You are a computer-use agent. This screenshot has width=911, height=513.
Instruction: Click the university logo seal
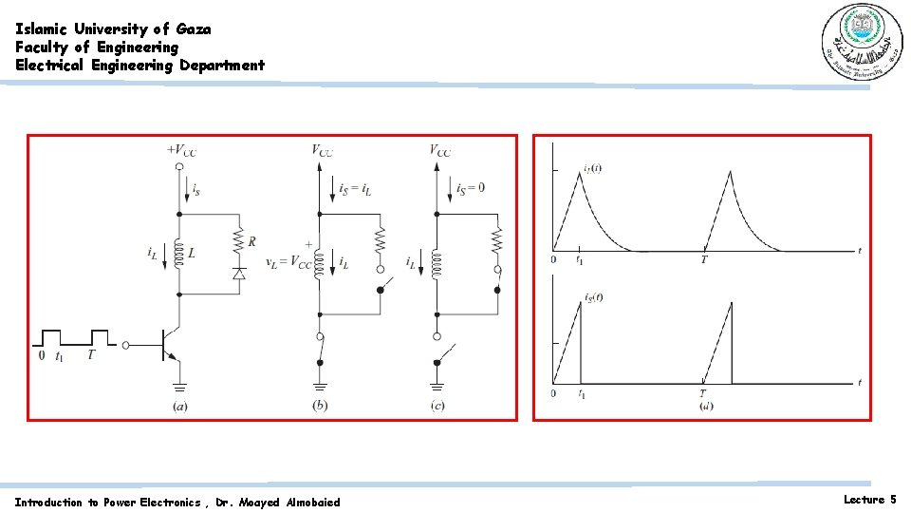856,42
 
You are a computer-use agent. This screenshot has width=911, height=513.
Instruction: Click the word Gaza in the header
194,28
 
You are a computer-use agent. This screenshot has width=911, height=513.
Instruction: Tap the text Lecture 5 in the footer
869,499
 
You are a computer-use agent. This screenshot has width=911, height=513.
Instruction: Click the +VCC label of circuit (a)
181,149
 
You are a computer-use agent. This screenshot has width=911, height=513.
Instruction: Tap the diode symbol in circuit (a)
239,273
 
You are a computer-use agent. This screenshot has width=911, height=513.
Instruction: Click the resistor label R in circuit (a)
251,241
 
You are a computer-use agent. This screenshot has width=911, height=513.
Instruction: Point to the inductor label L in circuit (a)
192,255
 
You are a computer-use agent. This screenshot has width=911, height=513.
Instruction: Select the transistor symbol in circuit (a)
170,346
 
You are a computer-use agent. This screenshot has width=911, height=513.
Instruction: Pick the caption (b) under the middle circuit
320,407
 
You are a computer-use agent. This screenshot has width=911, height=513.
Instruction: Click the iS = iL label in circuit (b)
355,189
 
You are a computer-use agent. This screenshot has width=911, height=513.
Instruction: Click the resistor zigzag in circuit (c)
497,240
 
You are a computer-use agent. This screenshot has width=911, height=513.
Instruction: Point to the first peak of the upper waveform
581,172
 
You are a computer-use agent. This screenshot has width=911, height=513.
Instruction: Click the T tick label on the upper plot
703,258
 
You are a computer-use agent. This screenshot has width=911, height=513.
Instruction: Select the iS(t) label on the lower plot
594,296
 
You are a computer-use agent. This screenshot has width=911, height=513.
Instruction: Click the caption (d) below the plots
706,407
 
